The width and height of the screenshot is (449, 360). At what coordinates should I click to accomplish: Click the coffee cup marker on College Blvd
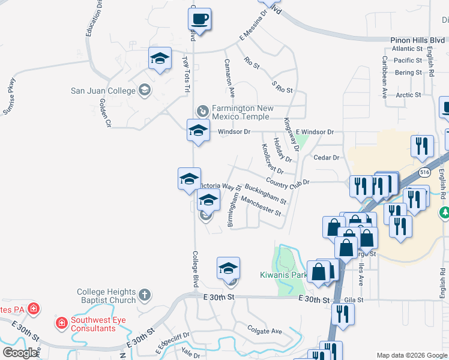coord(200,19)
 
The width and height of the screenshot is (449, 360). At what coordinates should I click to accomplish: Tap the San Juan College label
coord(104,91)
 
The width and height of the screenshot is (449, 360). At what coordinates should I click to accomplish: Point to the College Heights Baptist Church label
coord(106,296)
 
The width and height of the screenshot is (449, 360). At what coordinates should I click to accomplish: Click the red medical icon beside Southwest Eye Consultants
coord(61,323)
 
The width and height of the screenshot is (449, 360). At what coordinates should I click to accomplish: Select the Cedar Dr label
coord(327,157)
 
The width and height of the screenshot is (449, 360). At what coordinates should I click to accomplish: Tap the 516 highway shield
coord(424,173)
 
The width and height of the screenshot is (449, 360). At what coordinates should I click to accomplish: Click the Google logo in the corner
coord(20,353)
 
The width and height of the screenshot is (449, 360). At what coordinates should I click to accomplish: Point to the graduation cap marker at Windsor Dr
coord(199,130)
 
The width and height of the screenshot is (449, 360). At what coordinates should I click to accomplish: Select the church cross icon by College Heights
coord(144,295)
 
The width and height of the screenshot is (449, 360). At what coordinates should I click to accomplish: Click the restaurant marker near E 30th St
coord(343,314)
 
